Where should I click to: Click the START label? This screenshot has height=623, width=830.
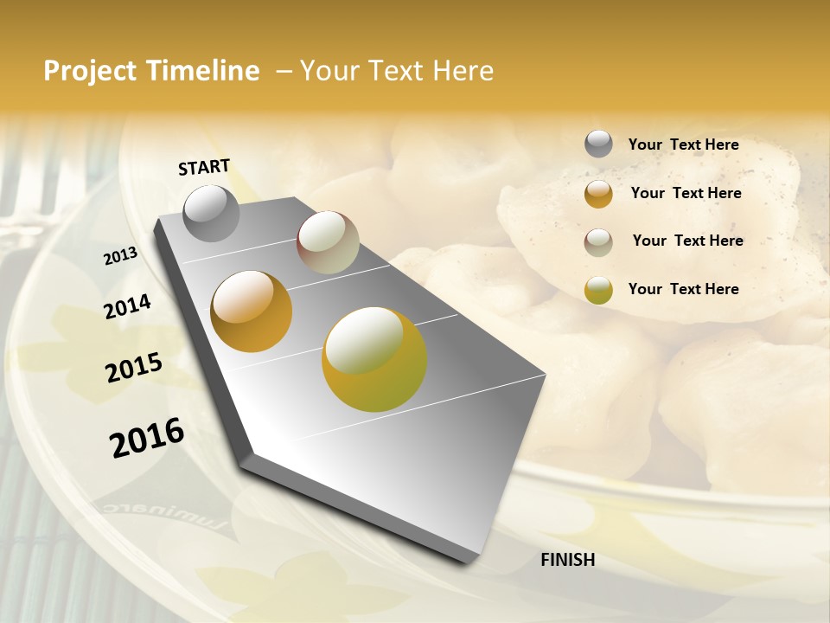(204, 167)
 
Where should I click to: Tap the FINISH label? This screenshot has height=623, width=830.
(568, 560)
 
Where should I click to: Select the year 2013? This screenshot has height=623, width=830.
(121, 256)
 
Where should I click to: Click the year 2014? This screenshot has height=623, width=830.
(128, 306)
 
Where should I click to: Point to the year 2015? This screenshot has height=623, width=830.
(134, 367)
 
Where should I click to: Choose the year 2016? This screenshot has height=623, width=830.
(147, 438)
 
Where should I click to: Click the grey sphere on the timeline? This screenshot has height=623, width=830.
(211, 213)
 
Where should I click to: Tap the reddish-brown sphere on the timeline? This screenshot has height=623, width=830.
(328, 242)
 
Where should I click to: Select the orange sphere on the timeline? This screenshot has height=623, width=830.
(252, 311)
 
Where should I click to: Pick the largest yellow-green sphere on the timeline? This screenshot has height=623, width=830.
(374, 358)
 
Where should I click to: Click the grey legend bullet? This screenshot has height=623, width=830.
(598, 144)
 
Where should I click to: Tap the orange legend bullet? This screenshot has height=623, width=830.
(598, 194)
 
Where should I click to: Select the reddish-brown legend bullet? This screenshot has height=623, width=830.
(598, 242)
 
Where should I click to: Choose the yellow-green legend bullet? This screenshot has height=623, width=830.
(598, 290)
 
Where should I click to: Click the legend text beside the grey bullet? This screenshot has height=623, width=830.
(683, 145)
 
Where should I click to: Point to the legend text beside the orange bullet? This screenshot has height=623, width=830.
(686, 193)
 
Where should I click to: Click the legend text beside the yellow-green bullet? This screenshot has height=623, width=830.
(683, 289)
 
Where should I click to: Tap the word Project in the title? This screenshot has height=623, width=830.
(91, 71)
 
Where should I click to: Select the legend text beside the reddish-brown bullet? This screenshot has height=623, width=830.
(687, 241)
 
